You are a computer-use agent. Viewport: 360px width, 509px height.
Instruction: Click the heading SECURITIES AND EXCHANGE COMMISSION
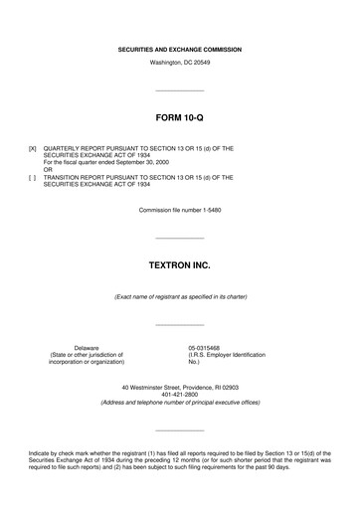180,49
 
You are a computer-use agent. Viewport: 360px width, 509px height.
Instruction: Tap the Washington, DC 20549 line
180,63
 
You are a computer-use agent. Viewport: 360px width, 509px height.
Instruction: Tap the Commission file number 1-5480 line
180,210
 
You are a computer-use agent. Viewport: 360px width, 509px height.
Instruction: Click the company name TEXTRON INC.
180,267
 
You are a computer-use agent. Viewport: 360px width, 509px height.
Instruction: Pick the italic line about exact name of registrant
180,297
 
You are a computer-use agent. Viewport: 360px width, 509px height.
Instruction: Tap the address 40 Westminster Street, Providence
180,387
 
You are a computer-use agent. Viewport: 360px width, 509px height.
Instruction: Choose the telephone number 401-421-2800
180,395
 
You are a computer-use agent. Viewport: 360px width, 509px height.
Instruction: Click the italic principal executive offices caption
180,403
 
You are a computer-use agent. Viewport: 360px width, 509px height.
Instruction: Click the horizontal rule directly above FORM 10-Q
180,90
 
